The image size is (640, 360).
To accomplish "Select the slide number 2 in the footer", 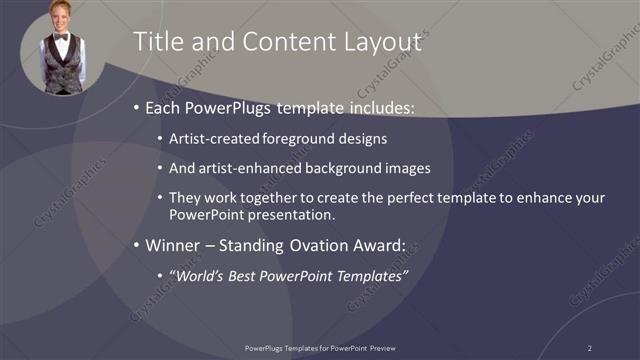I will pyautogui.click(x=589, y=347).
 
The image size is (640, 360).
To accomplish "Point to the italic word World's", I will pyautogui.click(x=197, y=275).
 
